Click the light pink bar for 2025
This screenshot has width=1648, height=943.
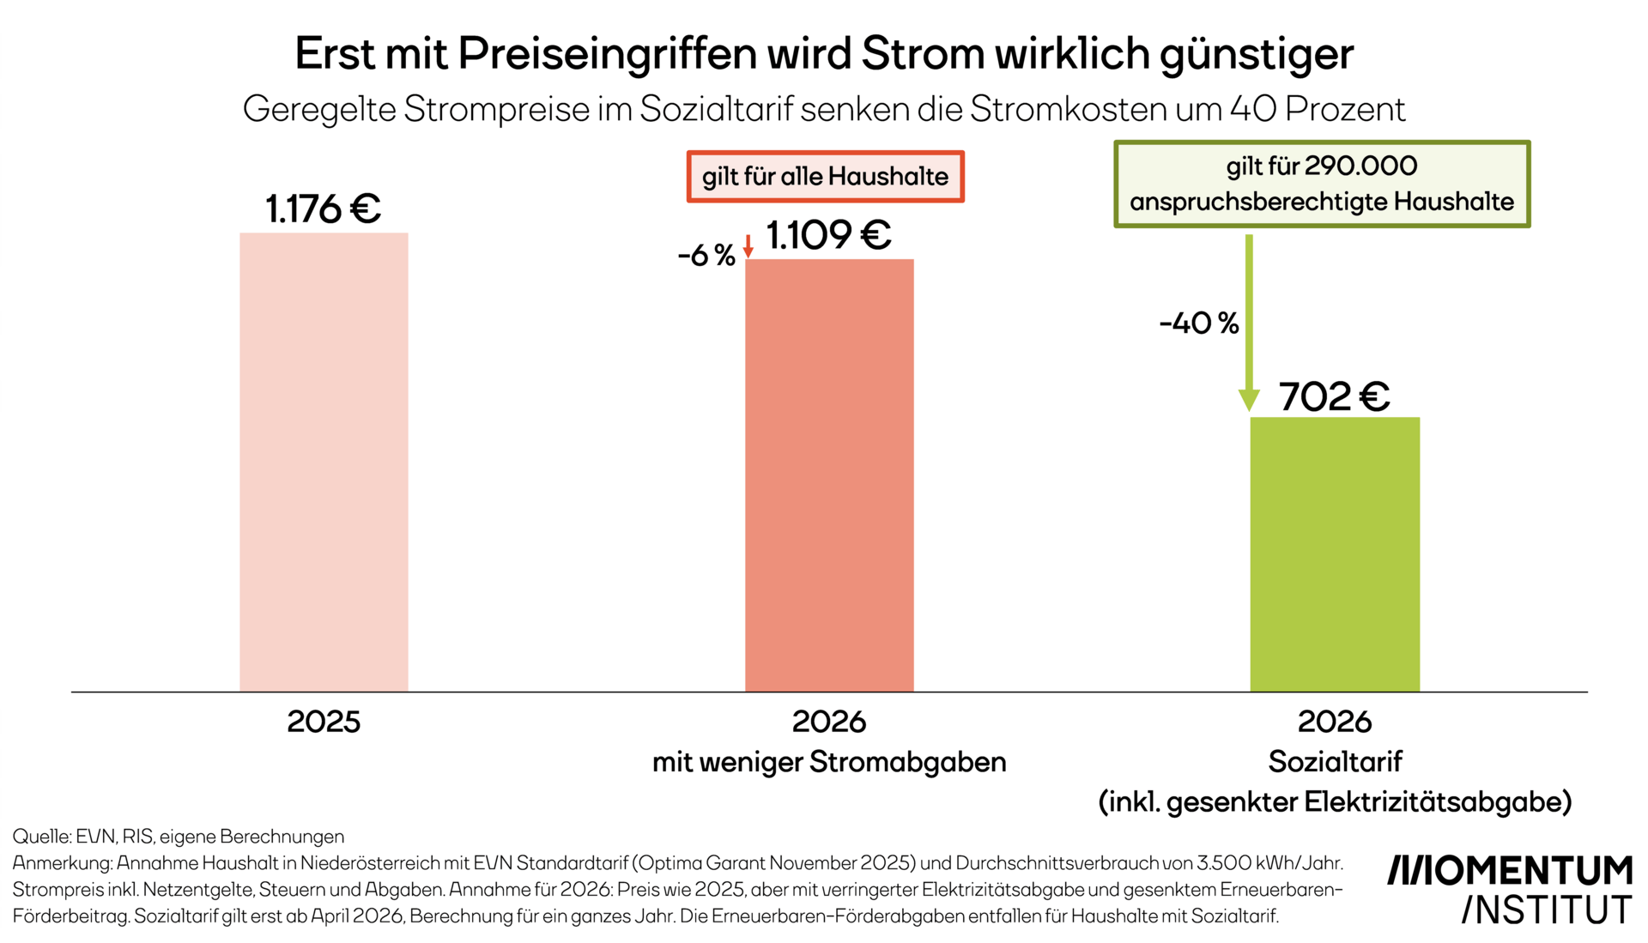pos(324,463)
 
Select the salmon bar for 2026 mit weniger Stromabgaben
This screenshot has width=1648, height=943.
pos(829,476)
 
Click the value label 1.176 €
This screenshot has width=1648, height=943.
pos(324,209)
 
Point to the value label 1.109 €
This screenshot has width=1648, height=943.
pos(829,235)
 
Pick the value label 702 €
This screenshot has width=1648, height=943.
pos(1335,396)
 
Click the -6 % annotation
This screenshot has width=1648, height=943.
pos(706,255)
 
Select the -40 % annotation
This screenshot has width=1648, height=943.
pos(1199,323)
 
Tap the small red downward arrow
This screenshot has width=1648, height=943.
pos(748,246)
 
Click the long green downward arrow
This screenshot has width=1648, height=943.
pos(1249,326)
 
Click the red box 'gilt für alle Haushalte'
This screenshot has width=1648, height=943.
pos(825,177)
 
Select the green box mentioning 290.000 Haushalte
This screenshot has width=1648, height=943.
pos(1322,184)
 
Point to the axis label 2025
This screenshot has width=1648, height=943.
pos(324,722)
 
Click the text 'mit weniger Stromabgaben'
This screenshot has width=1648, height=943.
pos(829,762)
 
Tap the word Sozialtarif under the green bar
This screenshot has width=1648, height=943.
pos(1335,762)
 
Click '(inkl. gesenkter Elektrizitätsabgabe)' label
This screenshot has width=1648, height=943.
pos(1335,802)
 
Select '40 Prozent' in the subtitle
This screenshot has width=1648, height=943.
pos(1318,109)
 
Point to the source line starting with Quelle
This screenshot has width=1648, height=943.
pos(179,837)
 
